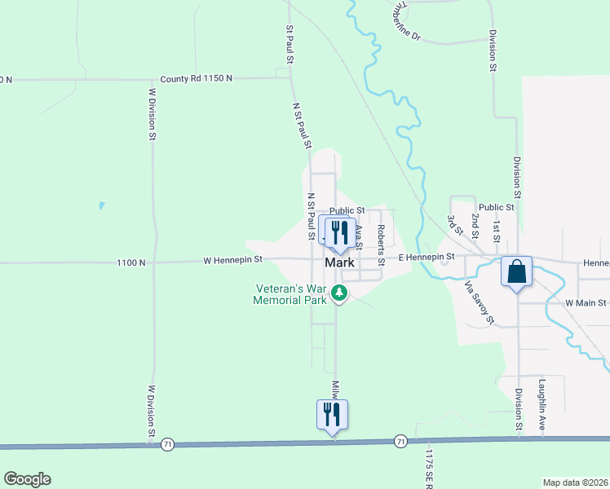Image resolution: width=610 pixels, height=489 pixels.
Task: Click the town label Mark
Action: pyautogui.click(x=339, y=263)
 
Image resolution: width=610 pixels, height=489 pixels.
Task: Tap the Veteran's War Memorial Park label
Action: pyautogui.click(x=291, y=293)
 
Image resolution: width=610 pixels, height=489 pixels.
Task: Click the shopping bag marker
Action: pyautogui.click(x=517, y=272)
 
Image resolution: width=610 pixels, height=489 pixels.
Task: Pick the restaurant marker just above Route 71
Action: pyautogui.click(x=332, y=414)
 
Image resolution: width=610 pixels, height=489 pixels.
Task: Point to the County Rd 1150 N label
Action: pyautogui.click(x=196, y=78)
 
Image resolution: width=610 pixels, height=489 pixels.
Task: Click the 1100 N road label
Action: pyautogui.click(x=130, y=262)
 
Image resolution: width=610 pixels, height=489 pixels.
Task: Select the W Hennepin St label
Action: pyautogui.click(x=233, y=260)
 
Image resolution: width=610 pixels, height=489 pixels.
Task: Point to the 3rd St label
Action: pyautogui.click(x=453, y=225)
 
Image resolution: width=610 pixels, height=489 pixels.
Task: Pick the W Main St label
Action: pyautogui.click(x=586, y=302)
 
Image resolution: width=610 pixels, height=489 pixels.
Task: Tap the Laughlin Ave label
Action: pyautogui.click(x=541, y=404)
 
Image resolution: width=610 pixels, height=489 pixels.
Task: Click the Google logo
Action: pyautogui.click(x=27, y=479)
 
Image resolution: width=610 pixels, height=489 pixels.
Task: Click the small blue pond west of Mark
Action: pyautogui.click(x=100, y=206)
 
